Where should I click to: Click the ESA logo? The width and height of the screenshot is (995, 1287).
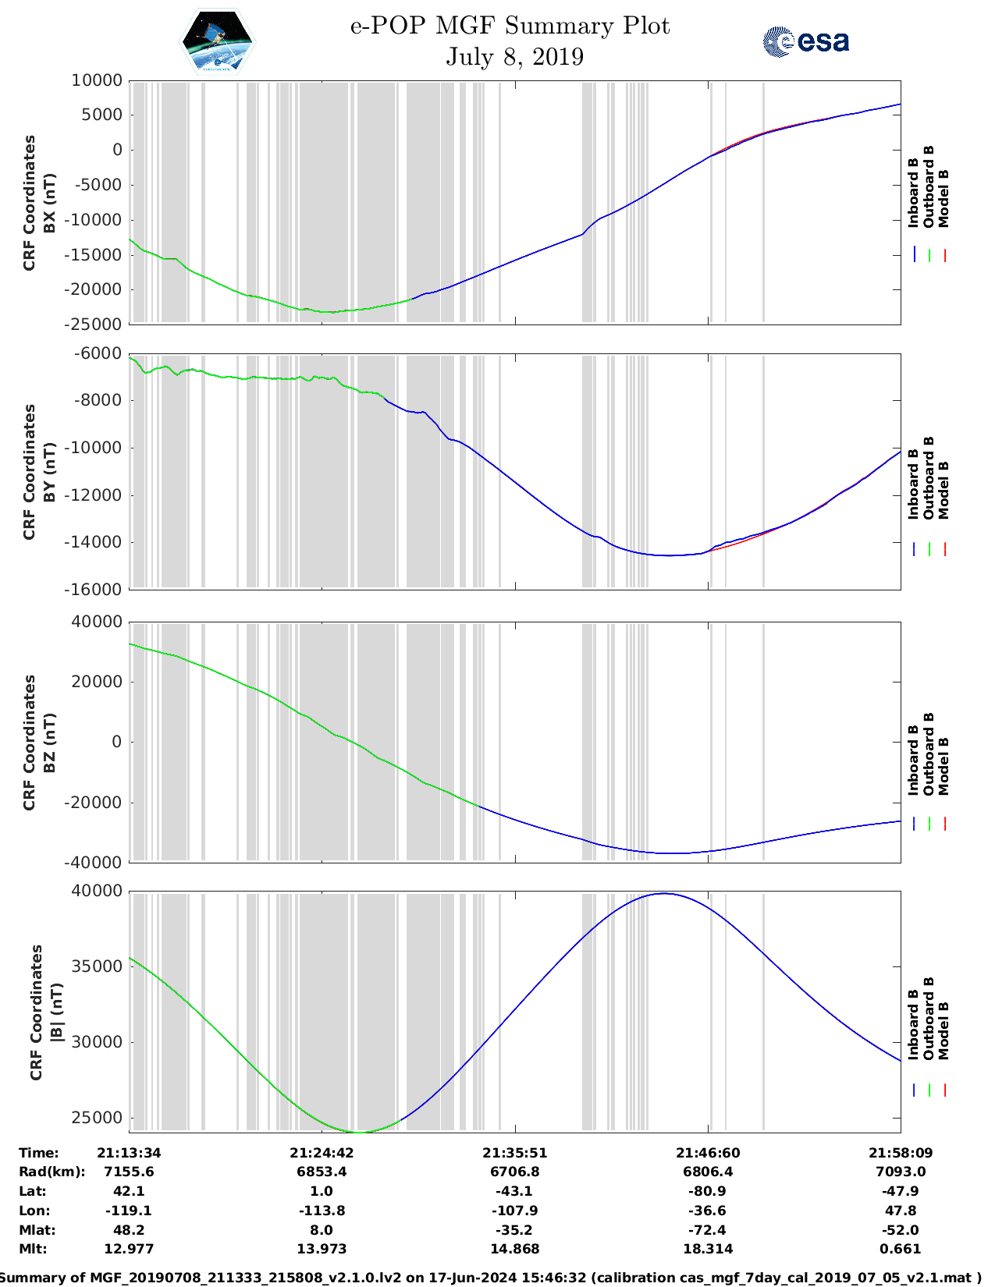[x=806, y=41]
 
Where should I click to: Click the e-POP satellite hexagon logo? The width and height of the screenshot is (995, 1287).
[x=218, y=41]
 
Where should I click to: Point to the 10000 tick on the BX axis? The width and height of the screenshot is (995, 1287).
[x=97, y=80]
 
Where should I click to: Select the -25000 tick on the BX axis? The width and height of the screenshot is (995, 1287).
[x=94, y=324]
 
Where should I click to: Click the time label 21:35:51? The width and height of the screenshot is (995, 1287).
[x=514, y=1153]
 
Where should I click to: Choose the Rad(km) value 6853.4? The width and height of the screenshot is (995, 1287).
[x=322, y=1172]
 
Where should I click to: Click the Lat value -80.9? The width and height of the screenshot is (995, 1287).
[x=707, y=1191]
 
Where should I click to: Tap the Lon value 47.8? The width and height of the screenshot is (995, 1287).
[x=900, y=1211]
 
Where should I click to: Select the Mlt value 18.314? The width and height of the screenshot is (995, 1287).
[x=707, y=1249]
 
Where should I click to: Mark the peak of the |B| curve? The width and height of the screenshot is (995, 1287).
[x=663, y=893]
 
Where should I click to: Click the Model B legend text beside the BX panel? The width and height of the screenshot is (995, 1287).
[x=943, y=198]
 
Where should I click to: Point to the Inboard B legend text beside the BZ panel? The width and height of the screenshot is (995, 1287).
[x=913, y=760]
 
